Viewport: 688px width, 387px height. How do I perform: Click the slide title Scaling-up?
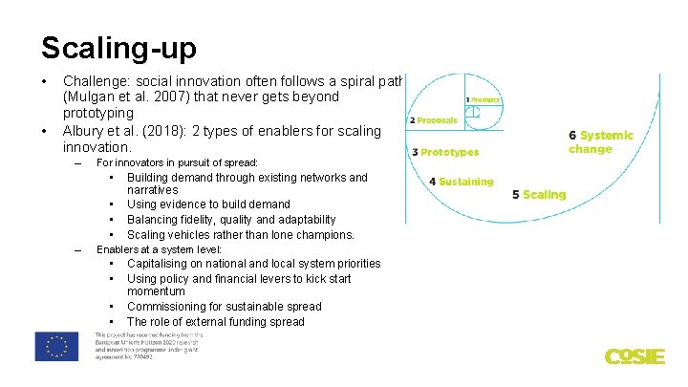pyautogui.click(x=118, y=47)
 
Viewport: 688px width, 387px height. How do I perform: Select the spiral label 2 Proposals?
pyautogui.click(x=433, y=120)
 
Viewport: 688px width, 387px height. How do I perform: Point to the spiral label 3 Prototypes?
pyautogui.click(x=444, y=152)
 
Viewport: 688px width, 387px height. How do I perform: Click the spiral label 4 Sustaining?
pyautogui.click(x=462, y=181)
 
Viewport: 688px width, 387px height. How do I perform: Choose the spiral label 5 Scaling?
pyautogui.click(x=539, y=194)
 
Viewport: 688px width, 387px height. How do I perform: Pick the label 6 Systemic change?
pyautogui.click(x=601, y=142)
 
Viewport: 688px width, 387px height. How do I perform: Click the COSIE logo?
pyautogui.click(x=634, y=356)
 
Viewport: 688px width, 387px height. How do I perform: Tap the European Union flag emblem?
pyautogui.click(x=56, y=346)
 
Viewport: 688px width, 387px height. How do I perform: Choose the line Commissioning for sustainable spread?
pyautogui.click(x=224, y=307)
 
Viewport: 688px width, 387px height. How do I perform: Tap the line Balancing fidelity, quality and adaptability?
pyautogui.click(x=231, y=220)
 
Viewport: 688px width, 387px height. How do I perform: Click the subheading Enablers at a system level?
pyautogui.click(x=159, y=248)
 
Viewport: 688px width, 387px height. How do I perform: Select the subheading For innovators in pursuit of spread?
pyautogui.click(x=177, y=162)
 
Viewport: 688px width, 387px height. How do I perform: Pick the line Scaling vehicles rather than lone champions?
pyautogui.click(x=240, y=234)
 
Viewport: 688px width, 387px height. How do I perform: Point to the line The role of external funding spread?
pyautogui.click(x=215, y=322)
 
